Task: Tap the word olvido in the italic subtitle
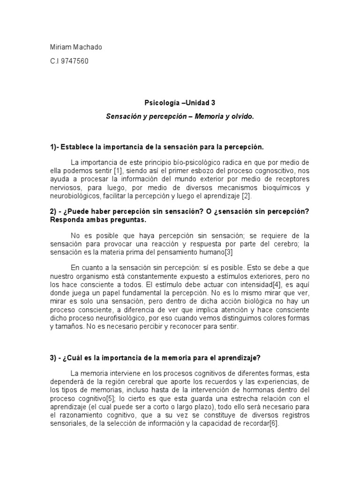[241, 115]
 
